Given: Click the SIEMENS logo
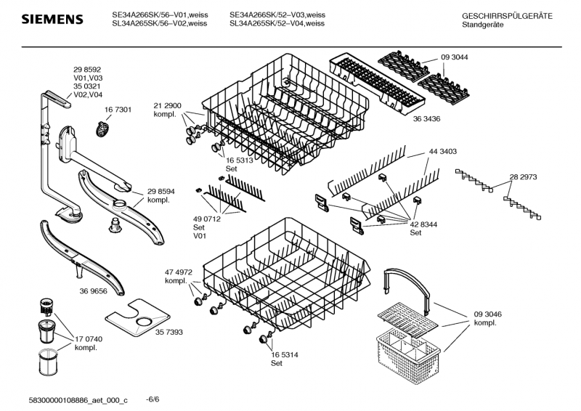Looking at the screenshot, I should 51,19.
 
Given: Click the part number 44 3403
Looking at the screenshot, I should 442,152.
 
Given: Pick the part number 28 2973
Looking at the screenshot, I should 523,176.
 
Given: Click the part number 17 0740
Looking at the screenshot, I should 89,339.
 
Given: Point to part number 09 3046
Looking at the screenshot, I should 489,314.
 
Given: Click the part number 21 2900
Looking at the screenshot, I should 167,105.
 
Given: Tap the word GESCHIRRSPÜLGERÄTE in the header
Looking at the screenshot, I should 507,15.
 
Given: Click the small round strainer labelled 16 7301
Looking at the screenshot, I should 104,130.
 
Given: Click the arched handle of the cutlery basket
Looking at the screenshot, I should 407,279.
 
